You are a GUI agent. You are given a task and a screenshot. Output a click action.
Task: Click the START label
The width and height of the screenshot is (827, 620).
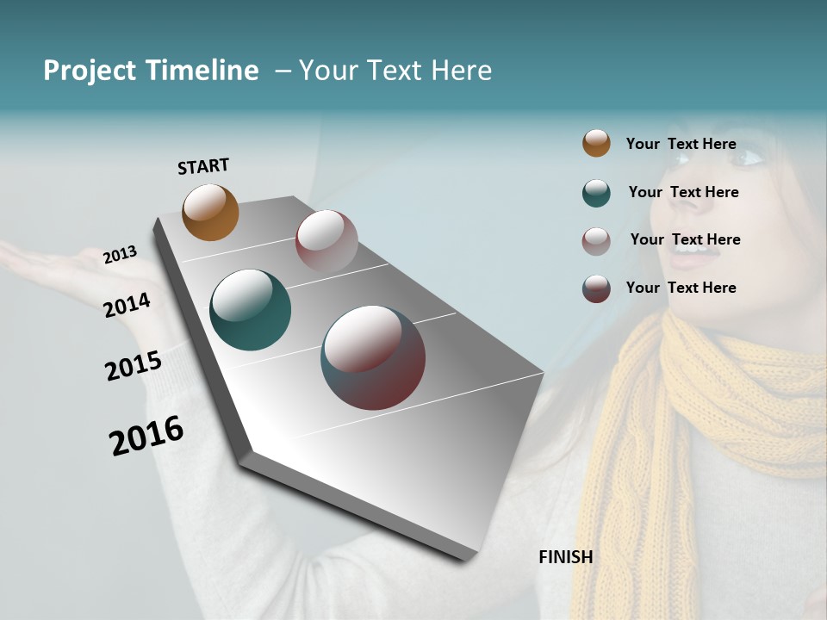click(203, 166)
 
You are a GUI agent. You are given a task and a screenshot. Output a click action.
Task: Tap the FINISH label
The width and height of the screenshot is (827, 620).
click(565, 557)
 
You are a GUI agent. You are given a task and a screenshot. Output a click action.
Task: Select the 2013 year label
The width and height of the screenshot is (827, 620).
click(120, 255)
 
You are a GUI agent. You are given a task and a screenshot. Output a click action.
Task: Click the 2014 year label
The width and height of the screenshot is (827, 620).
click(127, 305)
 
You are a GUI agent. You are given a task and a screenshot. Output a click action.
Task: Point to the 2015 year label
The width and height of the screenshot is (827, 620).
click(133, 366)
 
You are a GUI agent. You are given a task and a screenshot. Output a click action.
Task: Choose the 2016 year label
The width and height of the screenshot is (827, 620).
click(146, 435)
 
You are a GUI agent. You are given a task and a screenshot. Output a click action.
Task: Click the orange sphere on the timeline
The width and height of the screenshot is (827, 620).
click(210, 212)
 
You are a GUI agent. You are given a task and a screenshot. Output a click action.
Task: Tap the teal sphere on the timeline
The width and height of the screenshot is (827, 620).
click(250, 310)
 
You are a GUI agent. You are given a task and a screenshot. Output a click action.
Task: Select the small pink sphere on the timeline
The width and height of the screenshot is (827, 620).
click(326, 241)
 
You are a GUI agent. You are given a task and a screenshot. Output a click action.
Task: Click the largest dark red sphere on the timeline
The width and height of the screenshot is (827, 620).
click(373, 357)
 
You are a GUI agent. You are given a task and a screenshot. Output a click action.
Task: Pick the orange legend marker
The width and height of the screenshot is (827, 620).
click(596, 143)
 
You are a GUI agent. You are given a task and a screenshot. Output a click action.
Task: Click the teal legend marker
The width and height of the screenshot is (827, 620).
click(596, 193)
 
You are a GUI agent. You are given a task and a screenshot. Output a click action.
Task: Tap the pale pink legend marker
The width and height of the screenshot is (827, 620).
click(596, 241)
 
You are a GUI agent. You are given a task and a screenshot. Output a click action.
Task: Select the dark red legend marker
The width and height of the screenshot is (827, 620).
click(596, 288)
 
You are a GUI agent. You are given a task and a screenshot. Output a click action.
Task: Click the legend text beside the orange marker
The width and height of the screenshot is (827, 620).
click(681, 144)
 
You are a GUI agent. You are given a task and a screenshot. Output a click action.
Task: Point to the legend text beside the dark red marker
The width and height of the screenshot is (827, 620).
click(681, 288)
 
